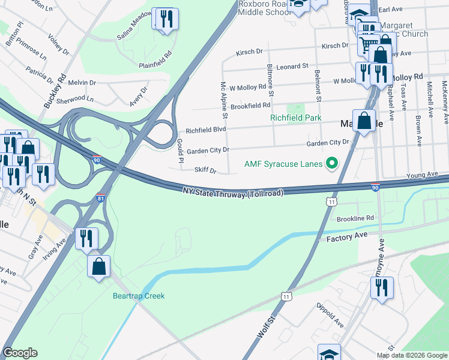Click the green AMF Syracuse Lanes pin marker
[330, 163]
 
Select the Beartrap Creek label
[139, 296]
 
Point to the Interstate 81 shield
[100, 197]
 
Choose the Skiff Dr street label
[205, 170]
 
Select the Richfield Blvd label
[205, 130]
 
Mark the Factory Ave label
[346, 239]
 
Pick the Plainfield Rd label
[155, 53]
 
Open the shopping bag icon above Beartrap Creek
[98, 266]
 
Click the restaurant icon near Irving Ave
[86, 239]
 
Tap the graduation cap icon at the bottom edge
[329, 353]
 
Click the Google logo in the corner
[20, 353]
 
